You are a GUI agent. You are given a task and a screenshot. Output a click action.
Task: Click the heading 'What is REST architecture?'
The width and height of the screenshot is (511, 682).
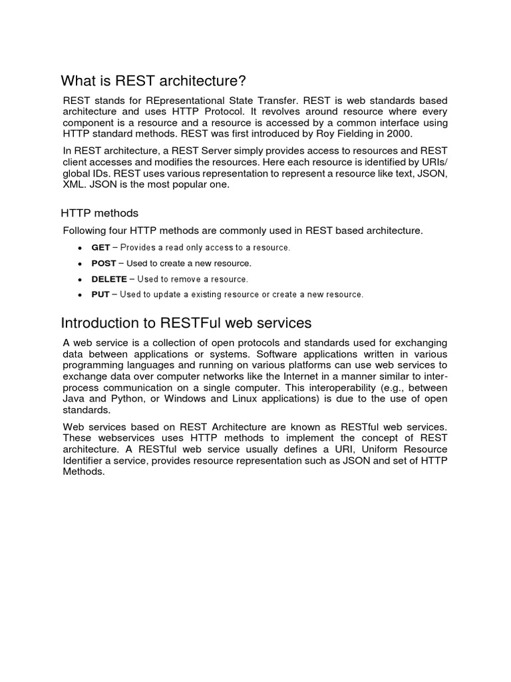[153, 81]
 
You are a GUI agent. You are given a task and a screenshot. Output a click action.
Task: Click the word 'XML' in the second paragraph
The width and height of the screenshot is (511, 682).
[75, 185]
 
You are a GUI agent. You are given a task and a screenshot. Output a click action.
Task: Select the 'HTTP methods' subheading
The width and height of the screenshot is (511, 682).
[100, 213]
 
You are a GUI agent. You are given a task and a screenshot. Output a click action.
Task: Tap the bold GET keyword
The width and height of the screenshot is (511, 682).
[101, 248]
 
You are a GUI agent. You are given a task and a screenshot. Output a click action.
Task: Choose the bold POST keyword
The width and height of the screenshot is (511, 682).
[104, 264]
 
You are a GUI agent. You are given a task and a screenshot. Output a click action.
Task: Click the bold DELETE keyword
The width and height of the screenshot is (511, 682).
[109, 279]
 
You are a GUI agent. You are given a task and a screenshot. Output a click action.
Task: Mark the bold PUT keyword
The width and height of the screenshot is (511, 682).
[100, 294]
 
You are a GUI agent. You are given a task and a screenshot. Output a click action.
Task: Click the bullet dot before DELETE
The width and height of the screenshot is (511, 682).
[80, 280]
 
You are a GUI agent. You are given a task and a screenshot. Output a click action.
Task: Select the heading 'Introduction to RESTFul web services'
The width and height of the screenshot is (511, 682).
[186, 324]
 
